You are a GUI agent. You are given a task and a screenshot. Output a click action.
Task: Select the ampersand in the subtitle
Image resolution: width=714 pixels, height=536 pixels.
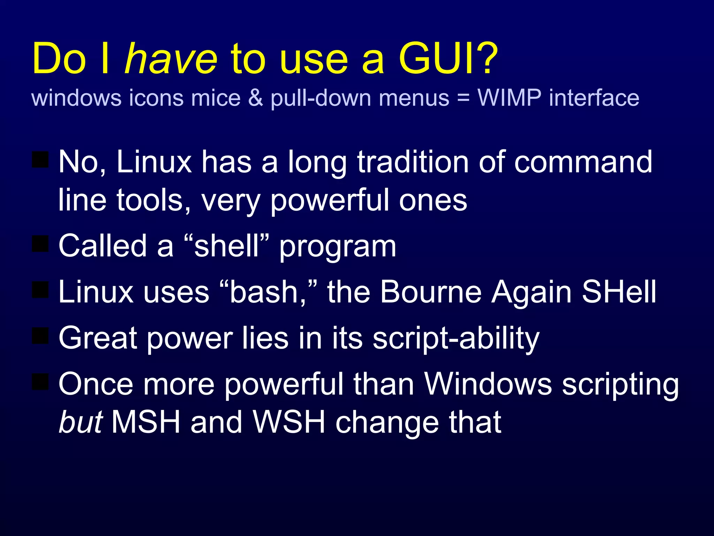point(256,98)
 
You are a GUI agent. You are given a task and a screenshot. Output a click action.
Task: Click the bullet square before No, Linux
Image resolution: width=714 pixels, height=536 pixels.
point(40,159)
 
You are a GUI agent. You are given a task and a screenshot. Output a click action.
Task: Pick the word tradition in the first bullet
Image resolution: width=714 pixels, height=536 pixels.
point(413,162)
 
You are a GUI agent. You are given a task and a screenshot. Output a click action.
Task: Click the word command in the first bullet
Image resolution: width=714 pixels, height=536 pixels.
point(583,162)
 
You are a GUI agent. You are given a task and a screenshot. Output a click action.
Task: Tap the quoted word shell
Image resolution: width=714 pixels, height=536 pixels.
point(227,246)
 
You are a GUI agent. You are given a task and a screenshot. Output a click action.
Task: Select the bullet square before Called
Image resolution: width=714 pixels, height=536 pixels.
point(40,244)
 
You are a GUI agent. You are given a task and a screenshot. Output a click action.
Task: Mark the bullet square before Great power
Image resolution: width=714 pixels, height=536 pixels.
point(40,335)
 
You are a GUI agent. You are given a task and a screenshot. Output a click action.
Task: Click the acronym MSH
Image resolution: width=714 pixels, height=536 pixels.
point(146,422)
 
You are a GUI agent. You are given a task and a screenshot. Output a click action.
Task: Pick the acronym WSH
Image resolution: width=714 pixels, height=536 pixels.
point(289,422)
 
